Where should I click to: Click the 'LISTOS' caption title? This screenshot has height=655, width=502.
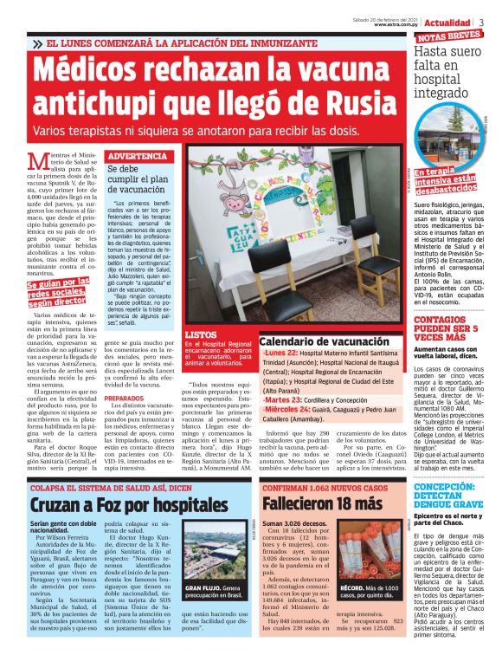[x=202, y=334]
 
